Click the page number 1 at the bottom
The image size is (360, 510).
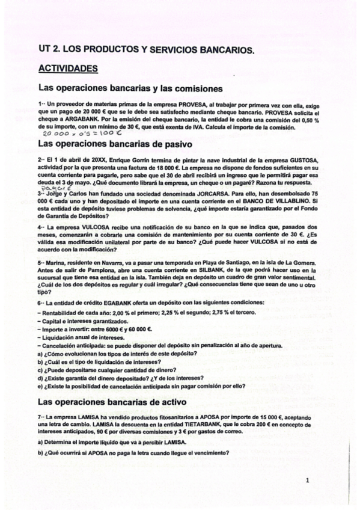(307, 480)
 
